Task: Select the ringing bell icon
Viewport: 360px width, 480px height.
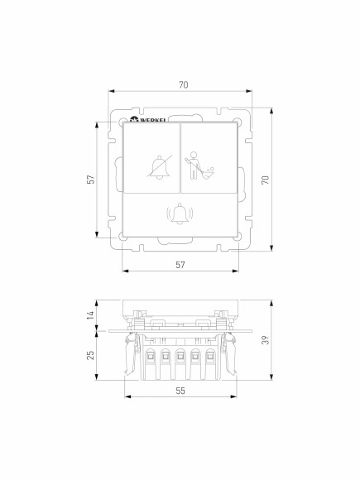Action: (x=180, y=215)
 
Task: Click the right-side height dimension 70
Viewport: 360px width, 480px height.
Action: (x=266, y=180)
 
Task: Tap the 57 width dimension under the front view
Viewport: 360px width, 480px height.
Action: (x=180, y=264)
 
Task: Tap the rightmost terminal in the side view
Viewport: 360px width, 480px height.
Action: (x=209, y=357)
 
